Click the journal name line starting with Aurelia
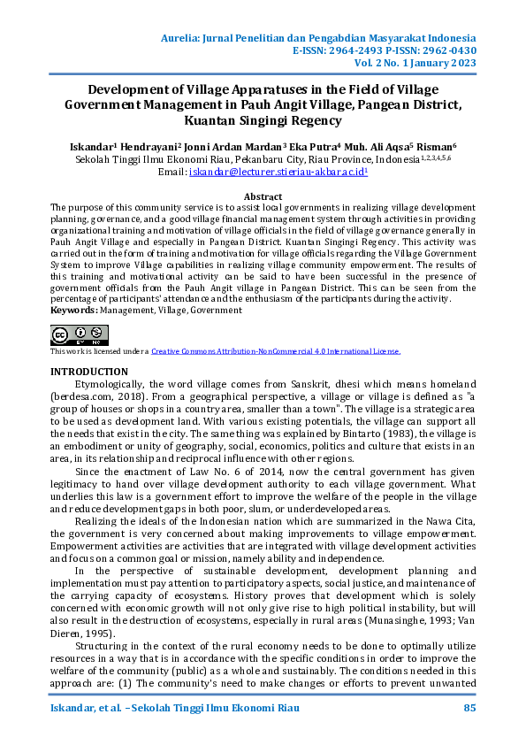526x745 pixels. click(319, 38)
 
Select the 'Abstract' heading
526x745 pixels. click(263, 196)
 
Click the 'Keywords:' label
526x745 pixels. click(72, 311)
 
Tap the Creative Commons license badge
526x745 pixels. click(80, 334)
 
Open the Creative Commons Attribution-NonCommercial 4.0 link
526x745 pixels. click(275, 351)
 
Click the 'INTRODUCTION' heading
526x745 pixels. click(89, 372)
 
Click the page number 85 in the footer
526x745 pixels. click(469, 710)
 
